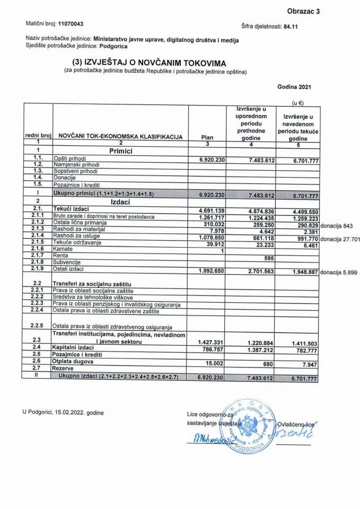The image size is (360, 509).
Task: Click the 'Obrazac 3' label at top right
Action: point(304,11)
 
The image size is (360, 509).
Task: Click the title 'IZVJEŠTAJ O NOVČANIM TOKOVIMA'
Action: point(152,63)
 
